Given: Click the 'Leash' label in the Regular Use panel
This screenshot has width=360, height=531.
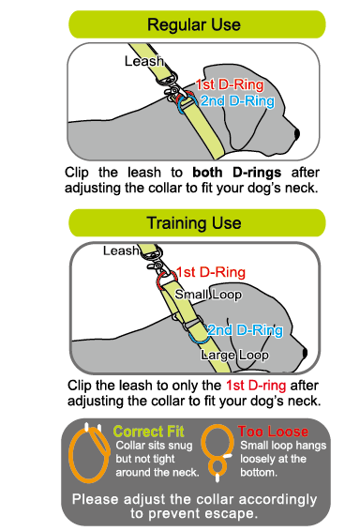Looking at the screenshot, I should click(x=143, y=61).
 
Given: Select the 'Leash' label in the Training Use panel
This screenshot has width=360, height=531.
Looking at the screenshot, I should click(x=121, y=250).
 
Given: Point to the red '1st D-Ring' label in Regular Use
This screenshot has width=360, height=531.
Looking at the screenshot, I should click(x=225, y=84).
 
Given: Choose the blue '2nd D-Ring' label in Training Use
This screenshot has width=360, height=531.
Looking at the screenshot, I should click(x=245, y=330).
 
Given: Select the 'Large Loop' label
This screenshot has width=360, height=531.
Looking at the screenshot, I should click(x=235, y=356).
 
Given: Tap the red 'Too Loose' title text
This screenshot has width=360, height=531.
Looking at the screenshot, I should click(x=271, y=431).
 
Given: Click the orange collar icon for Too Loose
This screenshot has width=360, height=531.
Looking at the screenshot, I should click(x=219, y=448).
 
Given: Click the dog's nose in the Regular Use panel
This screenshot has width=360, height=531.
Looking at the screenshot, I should click(x=296, y=134).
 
